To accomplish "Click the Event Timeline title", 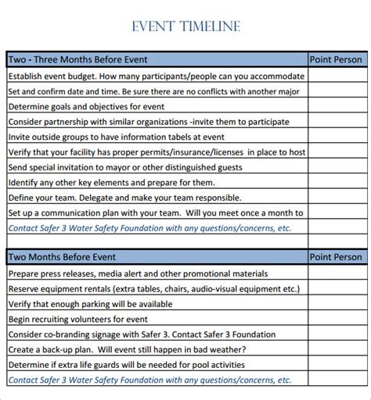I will pyautogui.click(x=186, y=27).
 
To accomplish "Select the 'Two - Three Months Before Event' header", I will pyautogui.click(x=77, y=59).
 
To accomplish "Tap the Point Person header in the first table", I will pyautogui.click(x=336, y=59).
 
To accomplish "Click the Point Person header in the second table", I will pyautogui.click(x=336, y=257).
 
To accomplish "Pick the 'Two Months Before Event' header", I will pyautogui.click(x=62, y=257).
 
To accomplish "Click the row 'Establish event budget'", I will pyautogui.click(x=157, y=77).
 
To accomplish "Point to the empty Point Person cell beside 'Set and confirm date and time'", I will pyautogui.click(x=336, y=91).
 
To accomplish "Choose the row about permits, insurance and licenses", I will pyautogui.click(x=157, y=152).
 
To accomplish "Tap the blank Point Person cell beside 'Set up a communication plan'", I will pyautogui.click(x=336, y=212).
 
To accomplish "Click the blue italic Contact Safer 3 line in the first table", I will pyautogui.click(x=149, y=228).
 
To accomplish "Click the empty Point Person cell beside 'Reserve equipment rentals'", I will pyautogui.click(x=336, y=289).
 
